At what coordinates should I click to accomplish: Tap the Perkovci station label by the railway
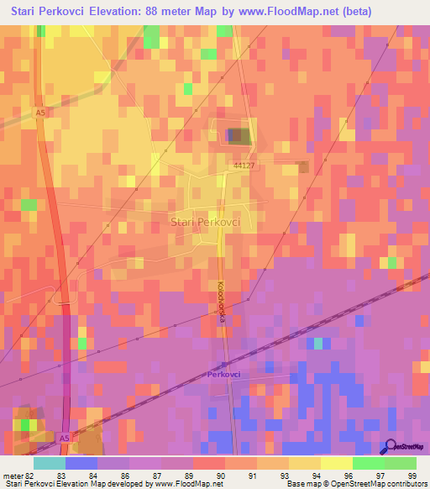point(225,376)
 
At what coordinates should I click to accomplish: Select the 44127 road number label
point(244,166)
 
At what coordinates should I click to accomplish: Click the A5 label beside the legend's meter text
point(65,439)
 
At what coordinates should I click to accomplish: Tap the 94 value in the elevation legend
point(316,475)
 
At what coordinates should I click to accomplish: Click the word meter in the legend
point(12,475)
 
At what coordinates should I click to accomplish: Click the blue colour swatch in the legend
point(81,463)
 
